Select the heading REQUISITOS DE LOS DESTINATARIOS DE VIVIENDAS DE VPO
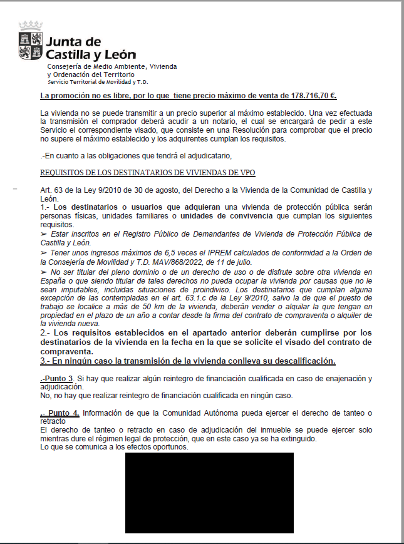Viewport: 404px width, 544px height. pyautogui.click(x=148, y=173)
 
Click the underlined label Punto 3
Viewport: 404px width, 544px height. pyautogui.click(x=57, y=379)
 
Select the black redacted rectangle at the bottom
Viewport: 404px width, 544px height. pyautogui.click(x=209, y=493)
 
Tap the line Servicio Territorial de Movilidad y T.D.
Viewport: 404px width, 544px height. pyautogui.click(x=97, y=81)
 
